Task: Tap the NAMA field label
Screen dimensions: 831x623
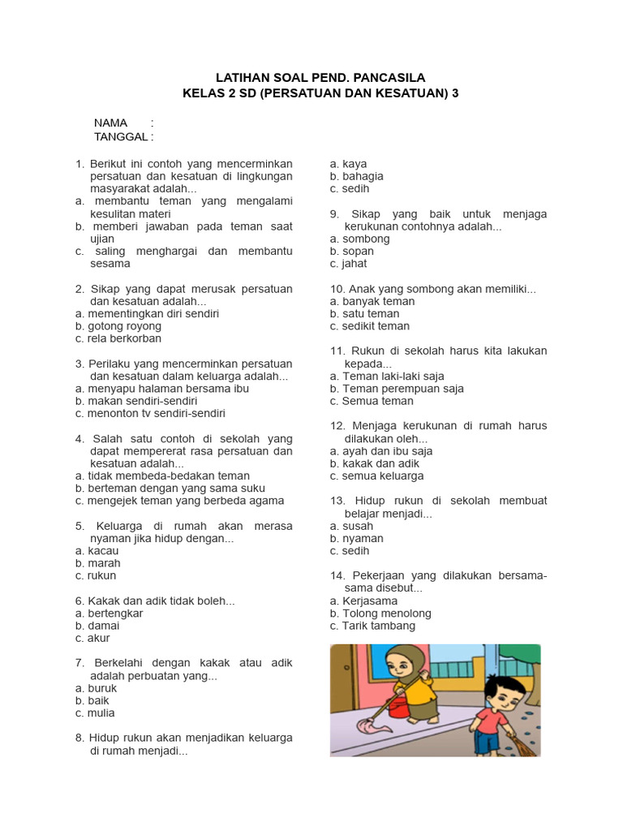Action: click(x=110, y=123)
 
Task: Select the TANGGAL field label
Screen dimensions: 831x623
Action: click(x=121, y=136)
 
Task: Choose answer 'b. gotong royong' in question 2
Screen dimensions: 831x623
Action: click(x=118, y=326)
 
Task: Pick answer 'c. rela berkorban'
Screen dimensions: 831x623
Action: click(x=118, y=338)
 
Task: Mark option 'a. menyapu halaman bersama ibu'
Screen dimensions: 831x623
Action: click(x=161, y=389)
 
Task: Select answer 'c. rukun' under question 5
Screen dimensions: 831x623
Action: click(x=96, y=575)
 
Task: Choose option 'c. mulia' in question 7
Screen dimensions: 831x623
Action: click(x=95, y=713)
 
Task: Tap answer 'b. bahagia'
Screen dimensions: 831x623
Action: click(x=357, y=176)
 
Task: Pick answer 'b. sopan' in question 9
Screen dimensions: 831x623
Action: click(x=352, y=252)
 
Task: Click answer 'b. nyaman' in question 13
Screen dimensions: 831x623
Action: click(x=357, y=539)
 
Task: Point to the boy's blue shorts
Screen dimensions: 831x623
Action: click(x=487, y=740)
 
